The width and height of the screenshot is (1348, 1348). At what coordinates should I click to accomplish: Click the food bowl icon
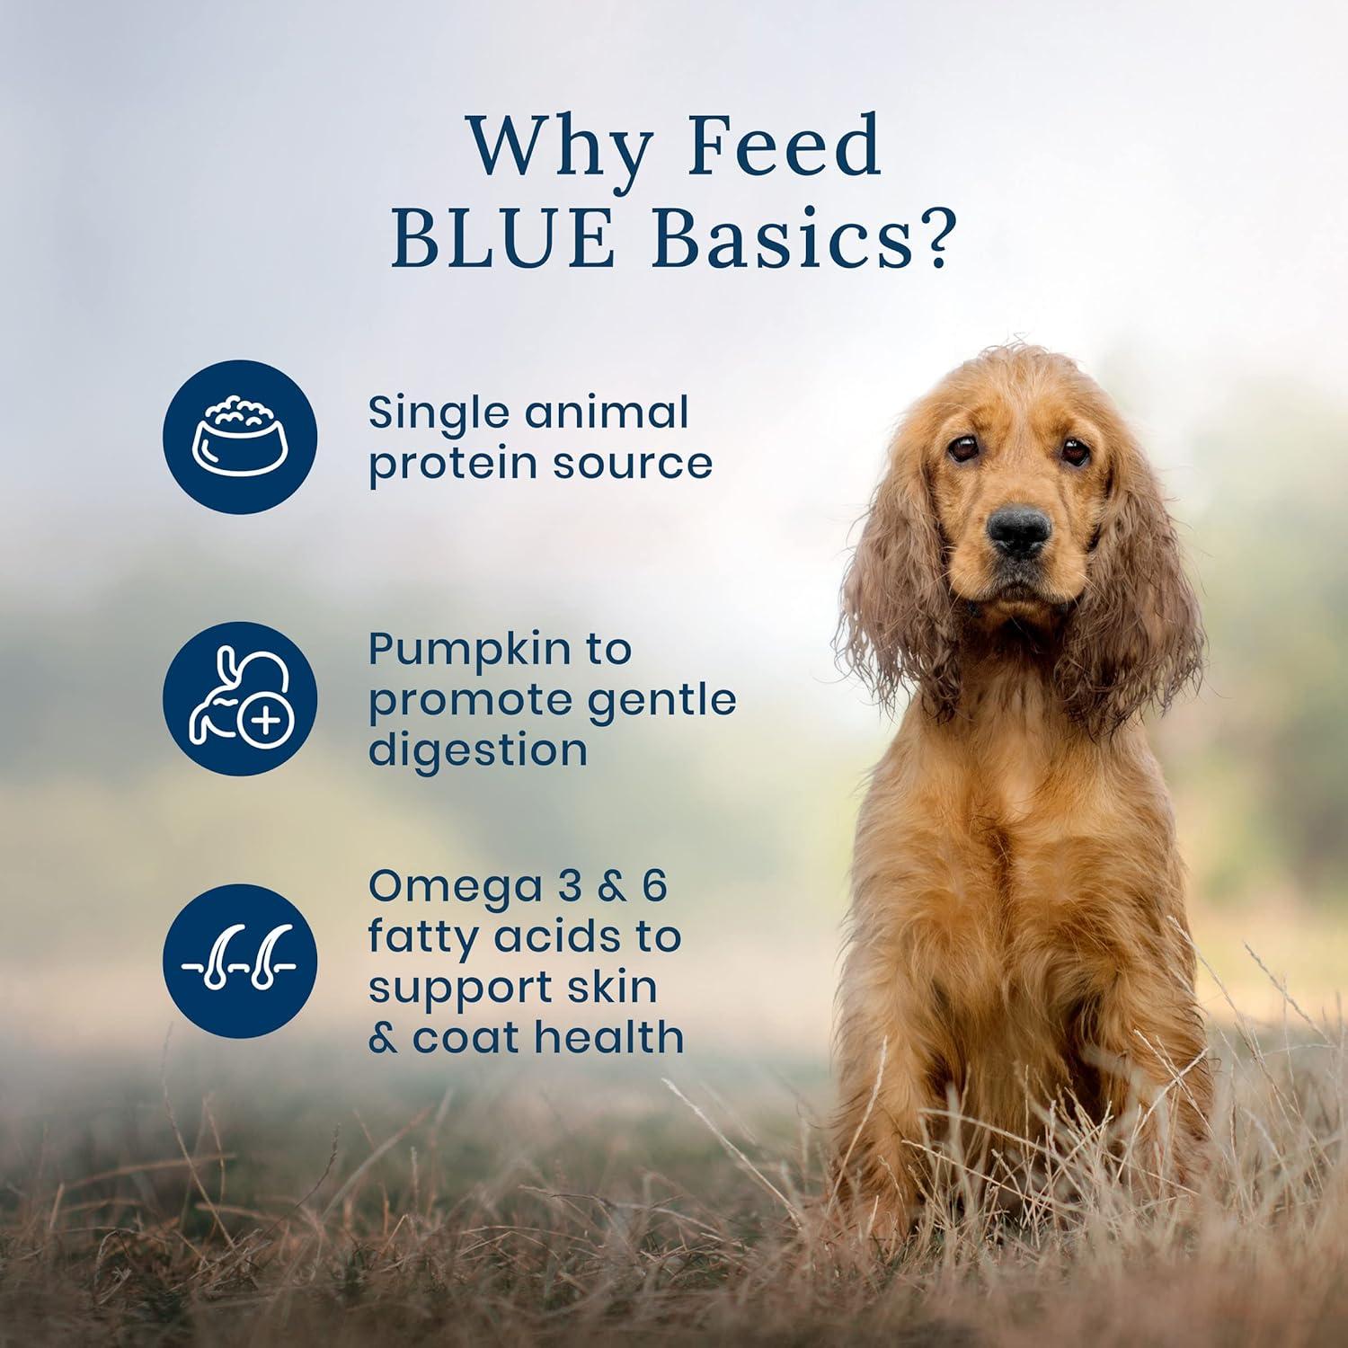[x=240, y=437]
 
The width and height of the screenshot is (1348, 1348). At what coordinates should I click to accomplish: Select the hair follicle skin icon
[x=240, y=961]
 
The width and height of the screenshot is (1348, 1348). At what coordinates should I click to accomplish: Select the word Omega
[x=439, y=886]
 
